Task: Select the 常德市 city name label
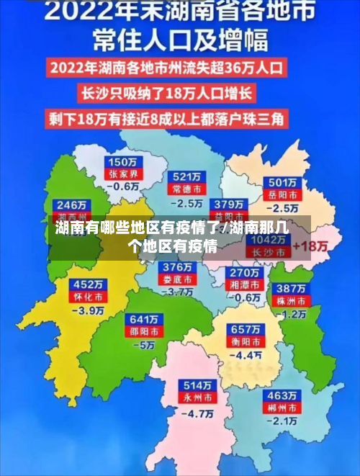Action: click(186, 188)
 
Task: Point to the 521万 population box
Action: click(186, 176)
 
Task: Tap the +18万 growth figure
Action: click(312, 246)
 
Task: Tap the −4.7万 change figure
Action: click(197, 413)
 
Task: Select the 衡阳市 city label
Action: click(246, 341)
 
